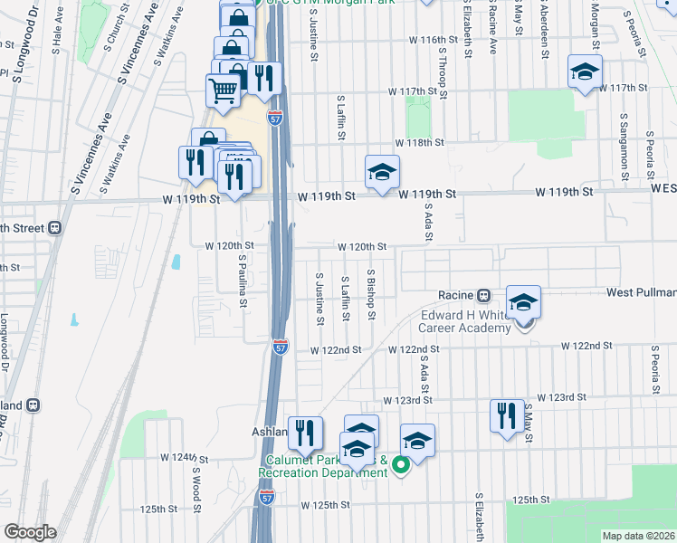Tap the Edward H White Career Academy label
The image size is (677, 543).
465,321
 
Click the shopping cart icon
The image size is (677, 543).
223,90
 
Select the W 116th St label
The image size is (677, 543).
434,41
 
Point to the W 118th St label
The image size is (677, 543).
419,143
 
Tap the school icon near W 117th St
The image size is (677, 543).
585,71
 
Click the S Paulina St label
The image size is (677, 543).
243,280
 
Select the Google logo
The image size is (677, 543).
30,532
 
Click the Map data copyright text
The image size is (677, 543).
639,536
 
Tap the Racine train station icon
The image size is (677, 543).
483,295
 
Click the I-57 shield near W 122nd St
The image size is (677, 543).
280,348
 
